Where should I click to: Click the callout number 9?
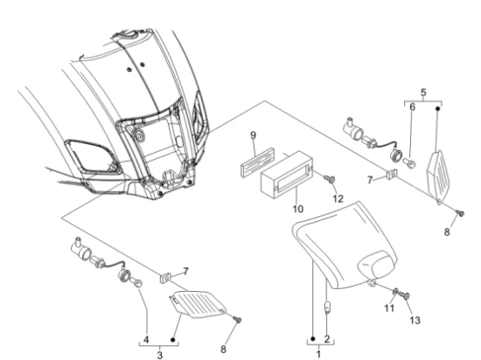[x=253, y=135]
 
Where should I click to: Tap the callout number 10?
[x=297, y=209]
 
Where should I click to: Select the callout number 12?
[x=338, y=199]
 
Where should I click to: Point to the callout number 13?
[x=415, y=321]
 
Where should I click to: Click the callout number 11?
[x=389, y=308]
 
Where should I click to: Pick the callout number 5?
[x=423, y=93]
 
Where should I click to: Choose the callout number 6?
[x=412, y=107]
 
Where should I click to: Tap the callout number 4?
[x=146, y=340]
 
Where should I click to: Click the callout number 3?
[x=159, y=356]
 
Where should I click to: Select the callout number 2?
[x=327, y=339]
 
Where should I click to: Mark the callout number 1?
[x=318, y=355]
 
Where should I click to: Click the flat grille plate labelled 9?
[x=257, y=163]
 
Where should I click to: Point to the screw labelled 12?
[x=331, y=178]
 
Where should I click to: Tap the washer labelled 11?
[x=395, y=292]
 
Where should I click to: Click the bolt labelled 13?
[x=404, y=295]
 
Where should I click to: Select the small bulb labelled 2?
[x=328, y=308]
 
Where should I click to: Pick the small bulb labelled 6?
[x=410, y=163]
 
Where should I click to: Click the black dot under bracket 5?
[x=438, y=108]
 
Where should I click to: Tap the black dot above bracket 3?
[x=173, y=340]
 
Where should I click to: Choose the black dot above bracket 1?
[x=312, y=339]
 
